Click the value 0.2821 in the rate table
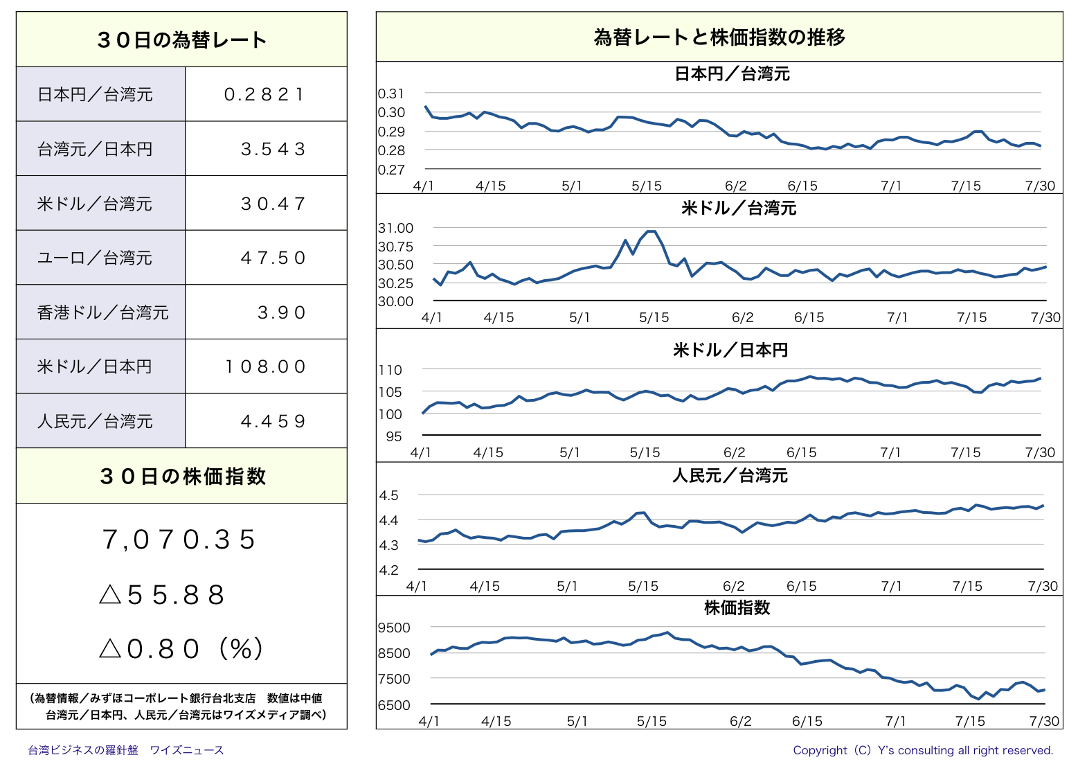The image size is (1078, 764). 264,94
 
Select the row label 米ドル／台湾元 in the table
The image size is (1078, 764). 94,204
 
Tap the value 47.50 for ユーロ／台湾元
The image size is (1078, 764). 273,258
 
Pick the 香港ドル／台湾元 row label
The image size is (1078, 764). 102,312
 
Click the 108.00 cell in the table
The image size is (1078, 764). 265,367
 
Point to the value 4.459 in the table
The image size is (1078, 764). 273,422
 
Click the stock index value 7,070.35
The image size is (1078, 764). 179,540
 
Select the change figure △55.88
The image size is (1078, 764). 162,595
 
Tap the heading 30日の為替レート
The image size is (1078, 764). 181,40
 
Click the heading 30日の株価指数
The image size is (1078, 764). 182,476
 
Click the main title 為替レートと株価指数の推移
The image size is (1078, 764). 719,37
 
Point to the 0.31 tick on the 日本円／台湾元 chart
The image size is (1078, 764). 390,94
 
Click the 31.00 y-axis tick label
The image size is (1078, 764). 395,228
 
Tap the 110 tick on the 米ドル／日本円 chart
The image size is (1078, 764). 390,370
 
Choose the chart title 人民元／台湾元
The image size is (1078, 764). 730,476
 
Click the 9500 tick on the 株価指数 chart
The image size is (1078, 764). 394,628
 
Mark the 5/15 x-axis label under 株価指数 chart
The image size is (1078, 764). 651,721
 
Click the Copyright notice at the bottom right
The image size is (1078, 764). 923,750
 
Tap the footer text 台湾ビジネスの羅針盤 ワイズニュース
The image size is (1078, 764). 125,750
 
